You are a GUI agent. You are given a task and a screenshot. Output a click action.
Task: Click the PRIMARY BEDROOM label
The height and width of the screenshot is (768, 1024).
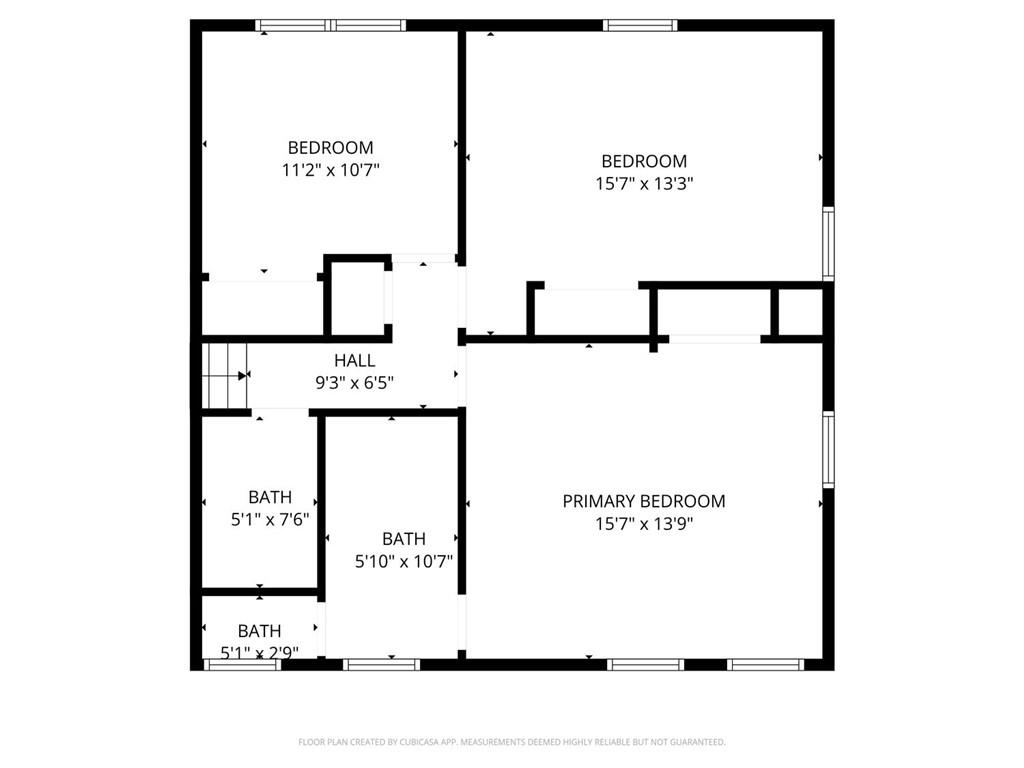pyautogui.click(x=643, y=501)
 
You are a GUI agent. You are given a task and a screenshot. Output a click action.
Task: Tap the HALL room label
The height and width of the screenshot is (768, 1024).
pyautogui.click(x=355, y=360)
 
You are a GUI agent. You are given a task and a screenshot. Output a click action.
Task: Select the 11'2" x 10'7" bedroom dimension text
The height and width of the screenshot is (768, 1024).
pyautogui.click(x=331, y=170)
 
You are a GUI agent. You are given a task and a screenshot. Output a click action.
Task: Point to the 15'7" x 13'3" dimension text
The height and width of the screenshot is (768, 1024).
pyautogui.click(x=644, y=183)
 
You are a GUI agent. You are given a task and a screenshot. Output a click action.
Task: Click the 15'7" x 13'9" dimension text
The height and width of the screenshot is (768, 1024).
pyautogui.click(x=643, y=523)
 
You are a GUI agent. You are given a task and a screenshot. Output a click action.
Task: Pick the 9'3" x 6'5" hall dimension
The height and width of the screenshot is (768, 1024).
pyautogui.click(x=355, y=381)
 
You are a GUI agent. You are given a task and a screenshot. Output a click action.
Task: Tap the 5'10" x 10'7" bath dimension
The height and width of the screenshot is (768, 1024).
pyautogui.click(x=404, y=561)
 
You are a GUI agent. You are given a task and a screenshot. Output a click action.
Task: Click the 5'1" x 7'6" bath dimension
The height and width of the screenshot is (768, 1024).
pyautogui.click(x=270, y=519)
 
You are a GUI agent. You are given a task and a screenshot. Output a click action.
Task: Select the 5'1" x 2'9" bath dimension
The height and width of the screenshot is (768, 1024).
pyautogui.click(x=259, y=653)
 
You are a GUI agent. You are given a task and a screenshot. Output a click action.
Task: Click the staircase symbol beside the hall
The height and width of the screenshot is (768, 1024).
pyautogui.click(x=224, y=375)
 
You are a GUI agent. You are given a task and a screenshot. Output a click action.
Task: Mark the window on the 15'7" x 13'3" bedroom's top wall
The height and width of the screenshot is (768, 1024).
pyautogui.click(x=641, y=26)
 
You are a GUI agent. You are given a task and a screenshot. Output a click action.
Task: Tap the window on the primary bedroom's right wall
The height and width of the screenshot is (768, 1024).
pyautogui.click(x=828, y=449)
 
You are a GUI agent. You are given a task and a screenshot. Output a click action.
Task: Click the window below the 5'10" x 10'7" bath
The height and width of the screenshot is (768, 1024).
pyautogui.click(x=381, y=664)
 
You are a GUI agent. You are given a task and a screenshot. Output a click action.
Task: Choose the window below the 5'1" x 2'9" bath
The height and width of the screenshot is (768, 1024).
pyautogui.click(x=242, y=664)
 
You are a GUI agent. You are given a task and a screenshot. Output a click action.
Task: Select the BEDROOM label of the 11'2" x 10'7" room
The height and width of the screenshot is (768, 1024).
pyautogui.click(x=331, y=148)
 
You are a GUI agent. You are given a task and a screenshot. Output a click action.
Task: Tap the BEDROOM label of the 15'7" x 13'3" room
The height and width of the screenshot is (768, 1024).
pyautogui.click(x=644, y=161)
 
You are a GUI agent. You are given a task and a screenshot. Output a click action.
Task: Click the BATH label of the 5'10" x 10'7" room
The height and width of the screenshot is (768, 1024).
pyautogui.click(x=404, y=539)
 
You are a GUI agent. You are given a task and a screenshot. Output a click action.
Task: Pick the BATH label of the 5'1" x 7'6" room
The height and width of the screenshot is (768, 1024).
pyautogui.click(x=270, y=497)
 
